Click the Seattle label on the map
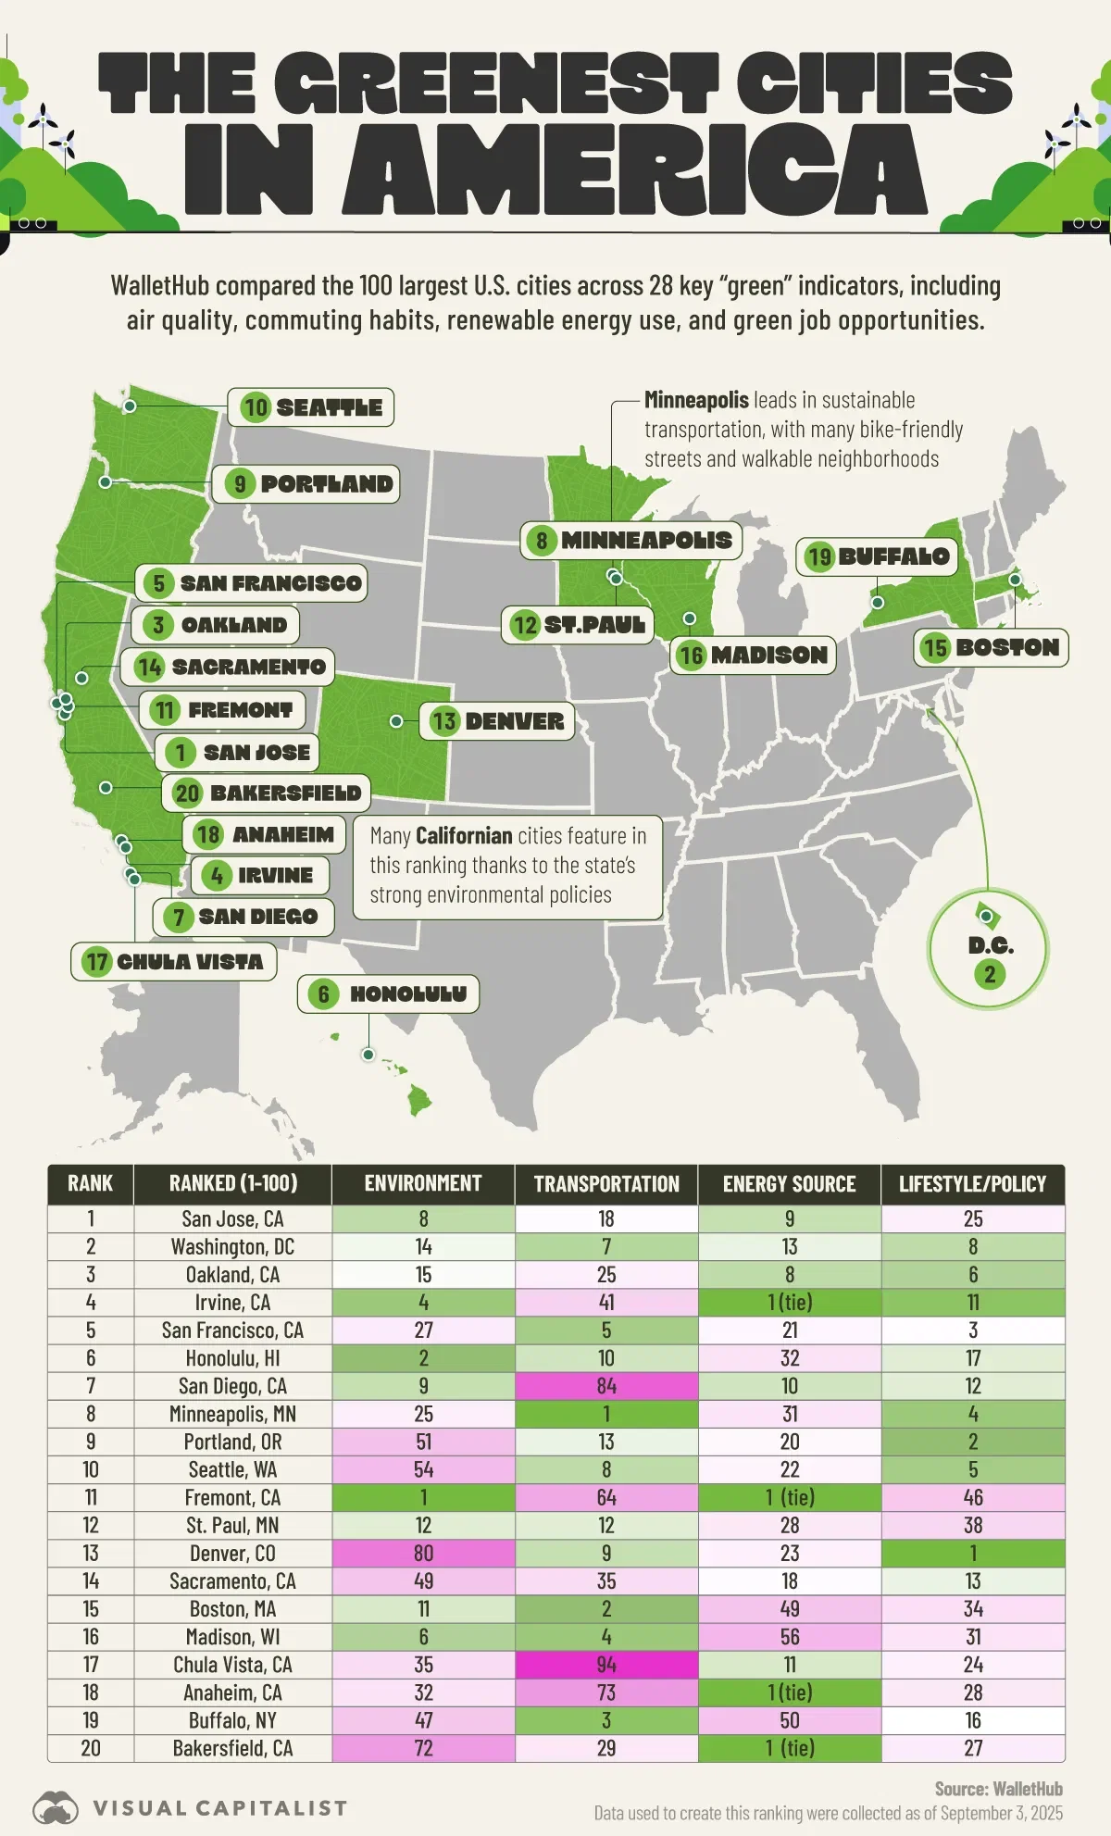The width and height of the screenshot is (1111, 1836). click(312, 407)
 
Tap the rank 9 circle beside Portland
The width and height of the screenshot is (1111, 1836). click(240, 484)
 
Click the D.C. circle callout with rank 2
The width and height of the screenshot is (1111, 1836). click(989, 948)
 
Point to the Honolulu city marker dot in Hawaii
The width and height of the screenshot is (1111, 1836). click(368, 1055)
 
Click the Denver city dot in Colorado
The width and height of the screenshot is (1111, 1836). click(396, 721)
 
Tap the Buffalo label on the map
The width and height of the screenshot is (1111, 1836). click(877, 556)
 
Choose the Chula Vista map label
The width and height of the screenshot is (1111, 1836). click(174, 962)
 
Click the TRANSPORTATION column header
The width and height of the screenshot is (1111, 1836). click(606, 1184)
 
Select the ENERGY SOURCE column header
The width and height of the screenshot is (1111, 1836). click(789, 1184)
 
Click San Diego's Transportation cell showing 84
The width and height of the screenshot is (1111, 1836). click(606, 1386)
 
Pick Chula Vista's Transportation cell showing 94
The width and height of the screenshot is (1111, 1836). click(606, 1665)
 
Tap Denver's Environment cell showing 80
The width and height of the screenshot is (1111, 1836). click(423, 1554)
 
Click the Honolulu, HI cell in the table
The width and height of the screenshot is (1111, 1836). click(232, 1358)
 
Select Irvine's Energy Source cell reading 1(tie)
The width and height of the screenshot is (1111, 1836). click(789, 1303)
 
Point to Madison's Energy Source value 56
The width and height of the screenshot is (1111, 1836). click(789, 1637)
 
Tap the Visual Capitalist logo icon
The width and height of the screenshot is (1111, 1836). click(56, 1807)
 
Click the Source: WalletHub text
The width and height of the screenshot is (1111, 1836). click(998, 1789)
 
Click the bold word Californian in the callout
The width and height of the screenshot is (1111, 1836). click(463, 836)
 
